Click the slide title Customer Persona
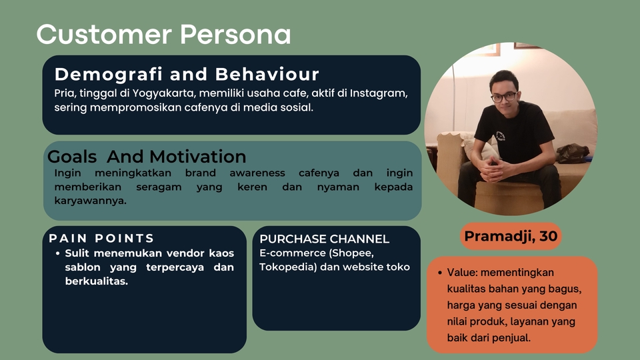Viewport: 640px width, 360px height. tap(163, 34)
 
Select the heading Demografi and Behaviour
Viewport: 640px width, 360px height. tap(187, 74)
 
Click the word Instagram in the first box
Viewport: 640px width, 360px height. tap(380, 93)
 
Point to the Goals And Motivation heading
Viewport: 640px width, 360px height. tap(147, 157)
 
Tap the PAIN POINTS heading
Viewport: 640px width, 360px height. tap(101, 238)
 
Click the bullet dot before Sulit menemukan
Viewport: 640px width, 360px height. tap(59, 254)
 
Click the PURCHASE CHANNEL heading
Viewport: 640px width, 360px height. tap(324, 239)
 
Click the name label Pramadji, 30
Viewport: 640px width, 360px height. tap(511, 236)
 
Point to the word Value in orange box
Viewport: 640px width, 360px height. tap(461, 273)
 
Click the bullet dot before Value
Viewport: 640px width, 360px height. tap(441, 273)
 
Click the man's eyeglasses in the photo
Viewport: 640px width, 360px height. tap(503, 97)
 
